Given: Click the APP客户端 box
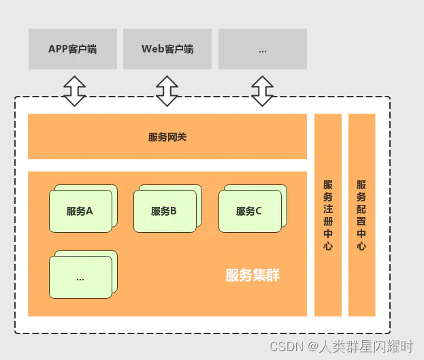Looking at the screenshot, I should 73,49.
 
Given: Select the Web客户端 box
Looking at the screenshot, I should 167,49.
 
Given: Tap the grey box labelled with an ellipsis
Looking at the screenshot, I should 262,49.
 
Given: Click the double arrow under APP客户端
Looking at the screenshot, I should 74,91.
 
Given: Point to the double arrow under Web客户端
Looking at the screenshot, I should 167,91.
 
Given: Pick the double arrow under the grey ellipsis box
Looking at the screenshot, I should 262,91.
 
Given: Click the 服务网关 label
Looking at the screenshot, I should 167,137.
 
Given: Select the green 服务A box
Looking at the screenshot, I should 80,211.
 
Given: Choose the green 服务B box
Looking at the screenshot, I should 165,211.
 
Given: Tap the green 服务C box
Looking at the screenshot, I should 249,211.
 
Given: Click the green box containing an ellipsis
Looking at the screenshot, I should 80,277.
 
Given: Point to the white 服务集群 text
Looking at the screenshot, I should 252,276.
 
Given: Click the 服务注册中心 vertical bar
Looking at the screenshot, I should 328,215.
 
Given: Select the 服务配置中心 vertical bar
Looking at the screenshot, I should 361,215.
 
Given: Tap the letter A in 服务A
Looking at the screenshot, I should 89,211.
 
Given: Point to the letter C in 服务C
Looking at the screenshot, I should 259,211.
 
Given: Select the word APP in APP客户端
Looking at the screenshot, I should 59,49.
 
